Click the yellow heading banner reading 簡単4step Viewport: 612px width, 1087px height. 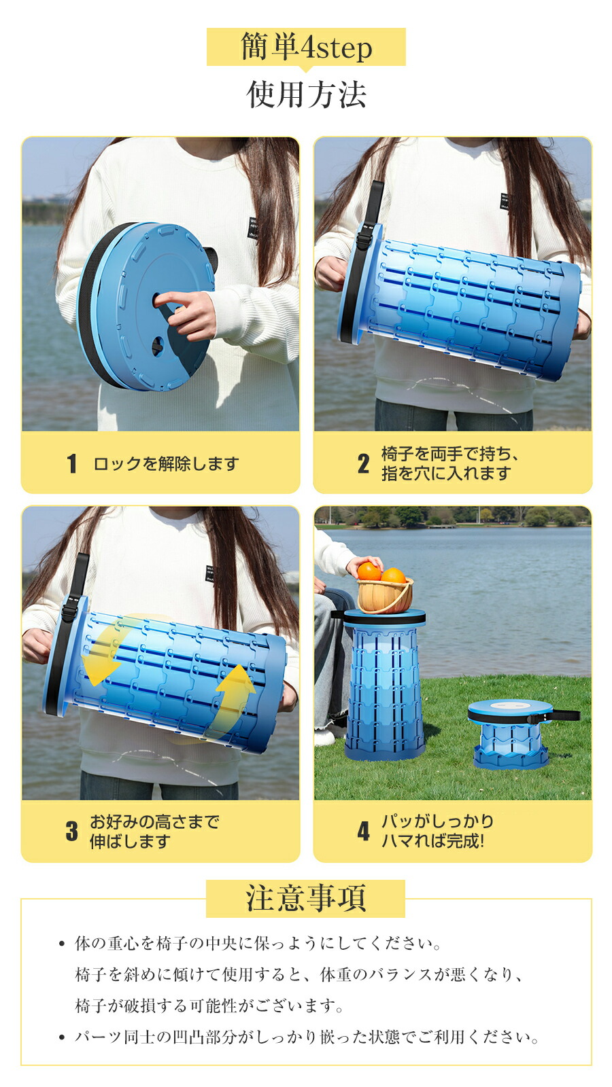[306, 47]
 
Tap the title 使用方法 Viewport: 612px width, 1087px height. [306, 94]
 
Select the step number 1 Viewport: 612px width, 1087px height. [72, 463]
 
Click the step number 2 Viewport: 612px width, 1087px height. [363, 463]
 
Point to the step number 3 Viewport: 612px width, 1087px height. [72, 830]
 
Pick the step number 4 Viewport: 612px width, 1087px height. [363, 830]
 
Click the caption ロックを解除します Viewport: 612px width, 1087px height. [166, 463]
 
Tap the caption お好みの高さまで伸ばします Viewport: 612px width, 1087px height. [154, 831]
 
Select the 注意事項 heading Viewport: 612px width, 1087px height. [306, 898]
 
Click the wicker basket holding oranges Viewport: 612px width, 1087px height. [385, 595]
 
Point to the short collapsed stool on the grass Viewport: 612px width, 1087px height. [511, 733]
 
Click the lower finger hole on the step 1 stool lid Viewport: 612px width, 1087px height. [157, 346]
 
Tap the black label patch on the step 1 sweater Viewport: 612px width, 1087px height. [253, 228]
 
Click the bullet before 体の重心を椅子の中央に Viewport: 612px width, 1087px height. [62, 944]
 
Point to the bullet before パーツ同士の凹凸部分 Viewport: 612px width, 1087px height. [62, 1037]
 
